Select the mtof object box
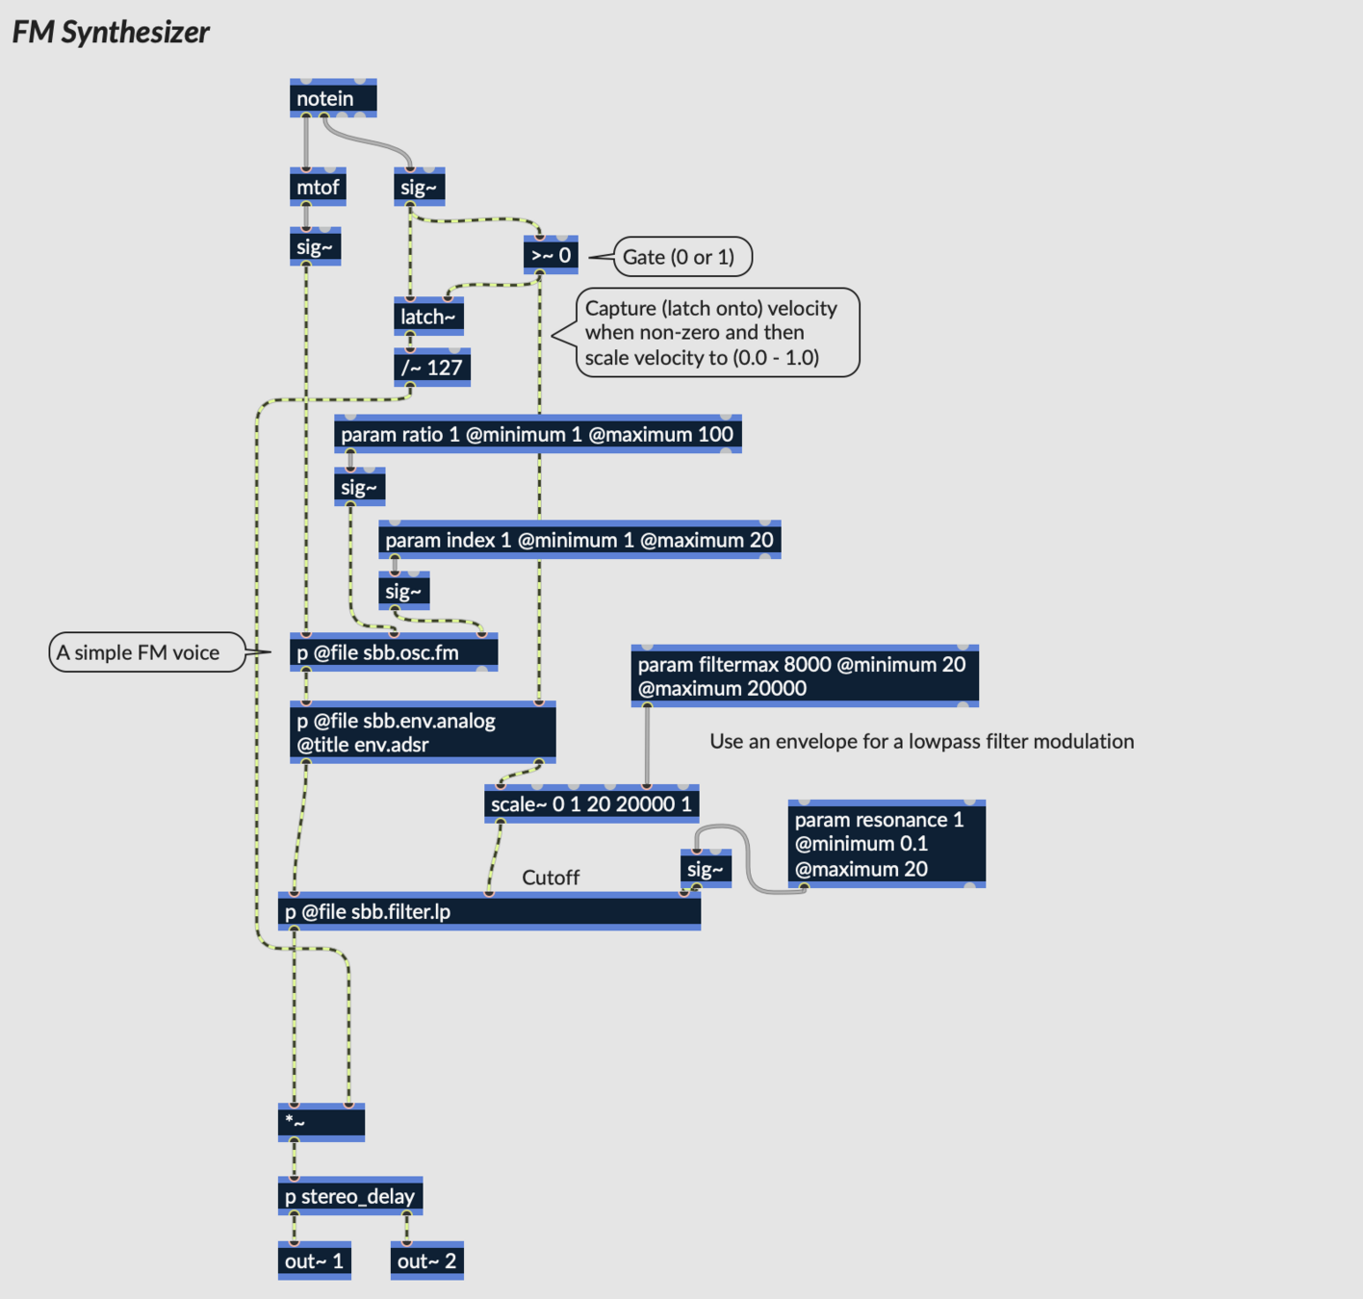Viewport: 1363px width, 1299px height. coord(318,187)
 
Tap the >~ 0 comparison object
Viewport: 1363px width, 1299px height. coord(551,255)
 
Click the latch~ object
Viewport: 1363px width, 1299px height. coord(428,317)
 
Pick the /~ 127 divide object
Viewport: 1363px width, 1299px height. coord(432,368)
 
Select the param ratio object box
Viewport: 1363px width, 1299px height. coord(537,434)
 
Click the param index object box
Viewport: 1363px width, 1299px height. coord(579,540)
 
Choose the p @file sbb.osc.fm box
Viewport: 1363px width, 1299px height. coord(393,652)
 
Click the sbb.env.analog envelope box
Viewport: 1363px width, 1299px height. coord(423,732)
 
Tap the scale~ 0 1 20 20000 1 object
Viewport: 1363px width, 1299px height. coord(591,803)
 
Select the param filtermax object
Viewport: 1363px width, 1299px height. coord(804,675)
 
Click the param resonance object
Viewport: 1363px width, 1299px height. coord(886,844)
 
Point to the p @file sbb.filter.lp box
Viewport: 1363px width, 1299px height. coord(489,911)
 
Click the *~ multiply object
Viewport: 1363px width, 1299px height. coord(321,1122)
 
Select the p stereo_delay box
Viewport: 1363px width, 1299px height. coord(350,1196)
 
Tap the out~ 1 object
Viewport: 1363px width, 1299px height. coord(314,1261)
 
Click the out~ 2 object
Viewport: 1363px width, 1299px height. coord(426,1261)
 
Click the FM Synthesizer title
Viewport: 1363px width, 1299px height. coord(111,32)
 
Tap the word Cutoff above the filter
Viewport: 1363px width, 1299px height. coord(551,878)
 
